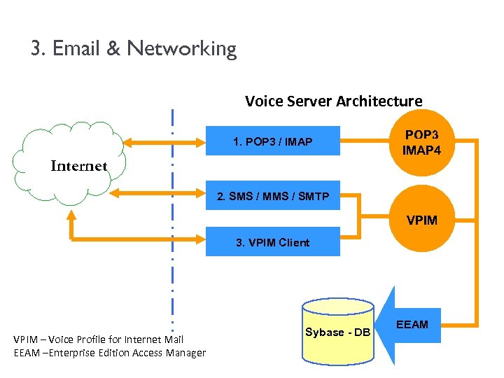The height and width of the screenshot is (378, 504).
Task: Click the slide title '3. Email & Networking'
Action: (x=134, y=48)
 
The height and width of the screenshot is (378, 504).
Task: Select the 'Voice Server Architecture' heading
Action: (x=333, y=101)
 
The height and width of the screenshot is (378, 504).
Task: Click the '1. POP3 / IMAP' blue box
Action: (x=272, y=142)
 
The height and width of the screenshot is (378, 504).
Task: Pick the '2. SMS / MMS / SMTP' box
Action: (x=273, y=196)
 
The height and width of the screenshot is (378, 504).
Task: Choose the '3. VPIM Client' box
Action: (x=272, y=242)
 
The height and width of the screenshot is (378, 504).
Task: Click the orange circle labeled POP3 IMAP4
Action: (x=421, y=141)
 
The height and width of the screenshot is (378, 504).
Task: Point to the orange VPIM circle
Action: (x=421, y=220)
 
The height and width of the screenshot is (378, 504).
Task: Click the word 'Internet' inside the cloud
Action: (x=79, y=166)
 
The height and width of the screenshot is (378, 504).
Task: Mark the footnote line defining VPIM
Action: (x=98, y=339)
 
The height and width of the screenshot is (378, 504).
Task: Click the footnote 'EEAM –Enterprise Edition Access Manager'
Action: (x=110, y=353)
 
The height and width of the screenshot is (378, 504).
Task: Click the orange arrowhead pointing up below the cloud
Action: (x=71, y=219)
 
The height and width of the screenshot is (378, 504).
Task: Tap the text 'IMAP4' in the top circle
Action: (x=421, y=149)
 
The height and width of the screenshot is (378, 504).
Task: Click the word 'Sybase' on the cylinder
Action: (x=324, y=332)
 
